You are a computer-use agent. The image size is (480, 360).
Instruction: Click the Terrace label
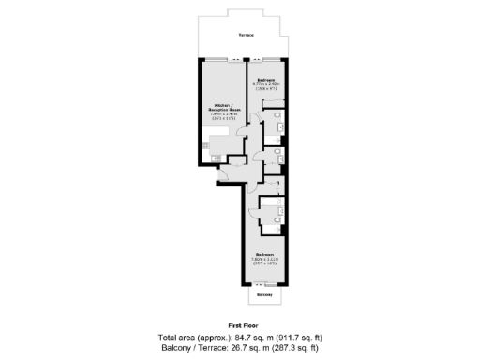(246, 35)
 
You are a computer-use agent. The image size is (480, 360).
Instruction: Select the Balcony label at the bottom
(264, 295)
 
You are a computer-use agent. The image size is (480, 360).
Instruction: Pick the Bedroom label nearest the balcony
(264, 254)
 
